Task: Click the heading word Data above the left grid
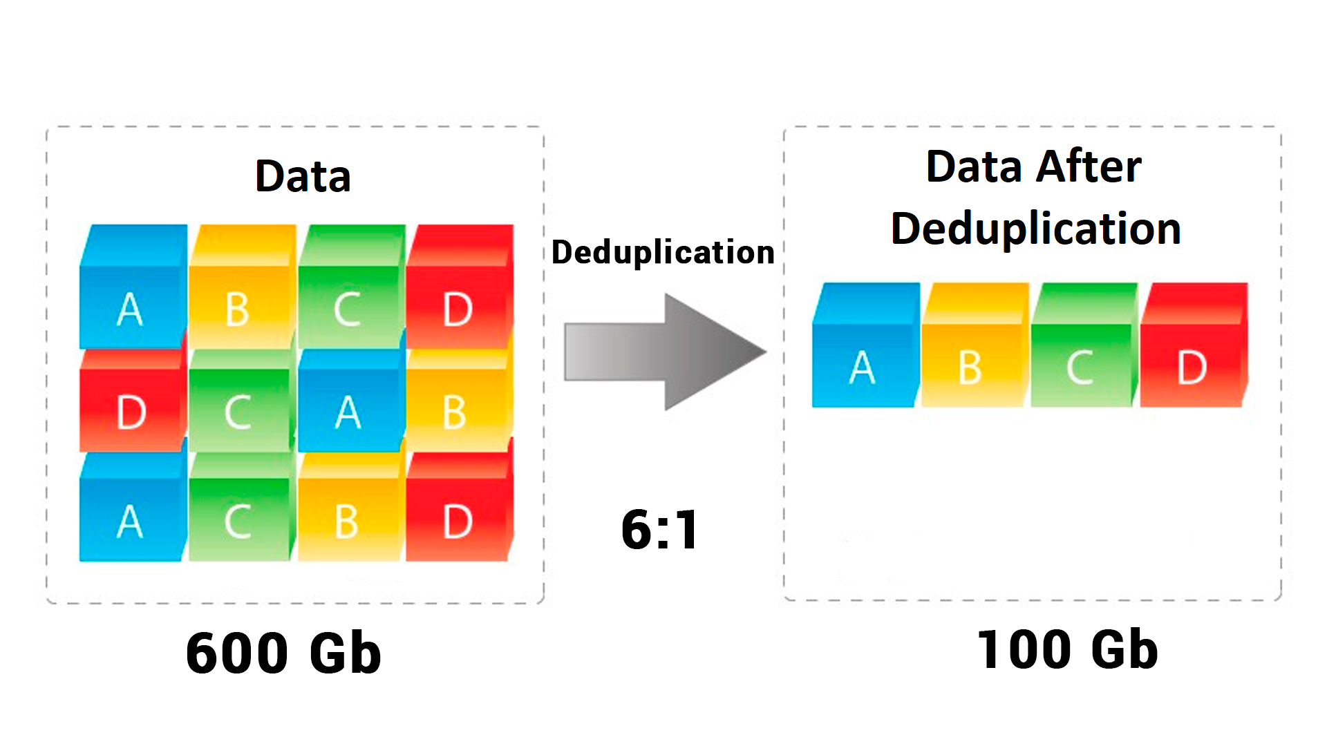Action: (303, 176)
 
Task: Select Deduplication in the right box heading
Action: (1035, 229)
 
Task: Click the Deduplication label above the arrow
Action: (663, 252)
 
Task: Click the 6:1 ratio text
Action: (660, 530)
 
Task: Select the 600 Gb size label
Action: (283, 653)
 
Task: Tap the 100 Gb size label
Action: (1067, 650)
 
